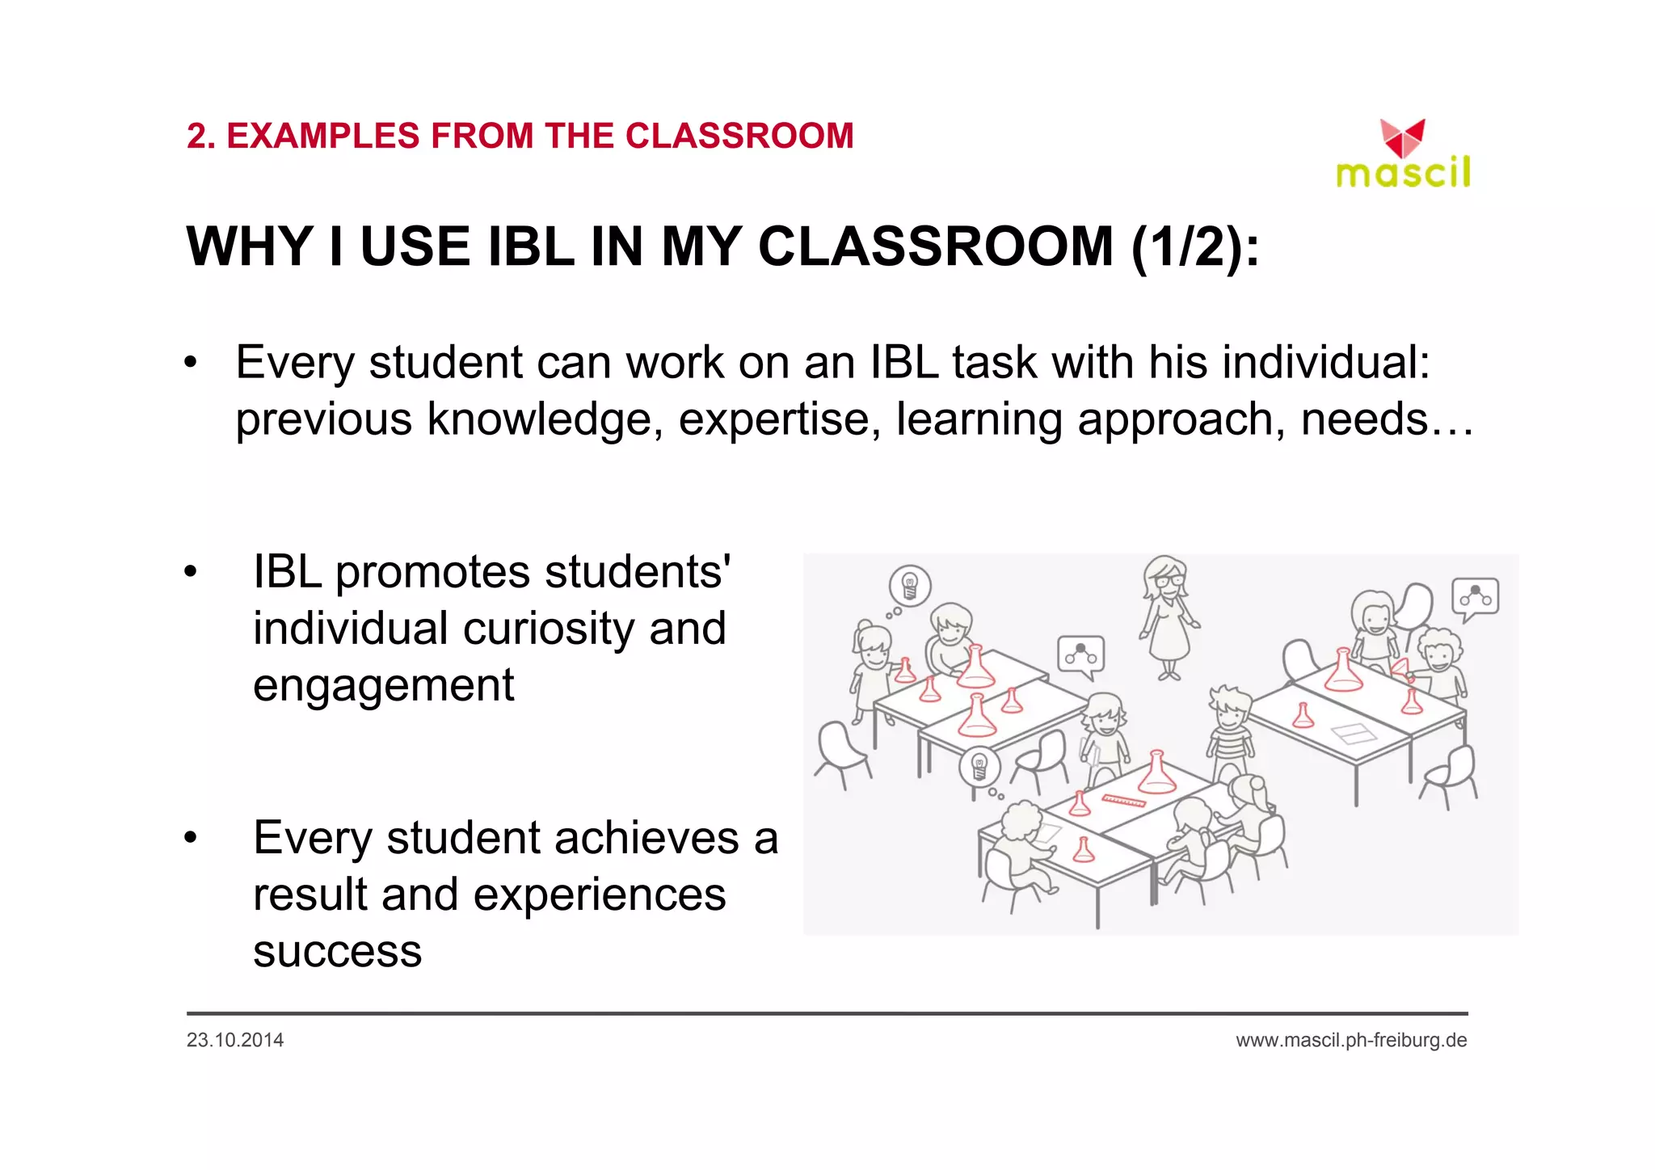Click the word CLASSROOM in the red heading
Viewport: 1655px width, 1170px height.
[739, 136]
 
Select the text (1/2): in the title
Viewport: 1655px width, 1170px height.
[1194, 246]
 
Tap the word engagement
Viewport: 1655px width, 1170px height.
[383, 685]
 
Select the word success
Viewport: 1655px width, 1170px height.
[337, 951]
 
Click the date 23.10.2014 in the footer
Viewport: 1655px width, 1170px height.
[235, 1040]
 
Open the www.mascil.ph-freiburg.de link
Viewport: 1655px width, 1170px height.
[1351, 1040]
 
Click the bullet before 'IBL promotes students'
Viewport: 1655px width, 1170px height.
[190, 572]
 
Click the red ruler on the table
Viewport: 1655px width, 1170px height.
[1123, 801]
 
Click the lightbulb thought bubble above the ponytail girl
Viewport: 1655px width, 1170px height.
[910, 586]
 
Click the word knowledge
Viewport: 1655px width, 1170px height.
[541, 419]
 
